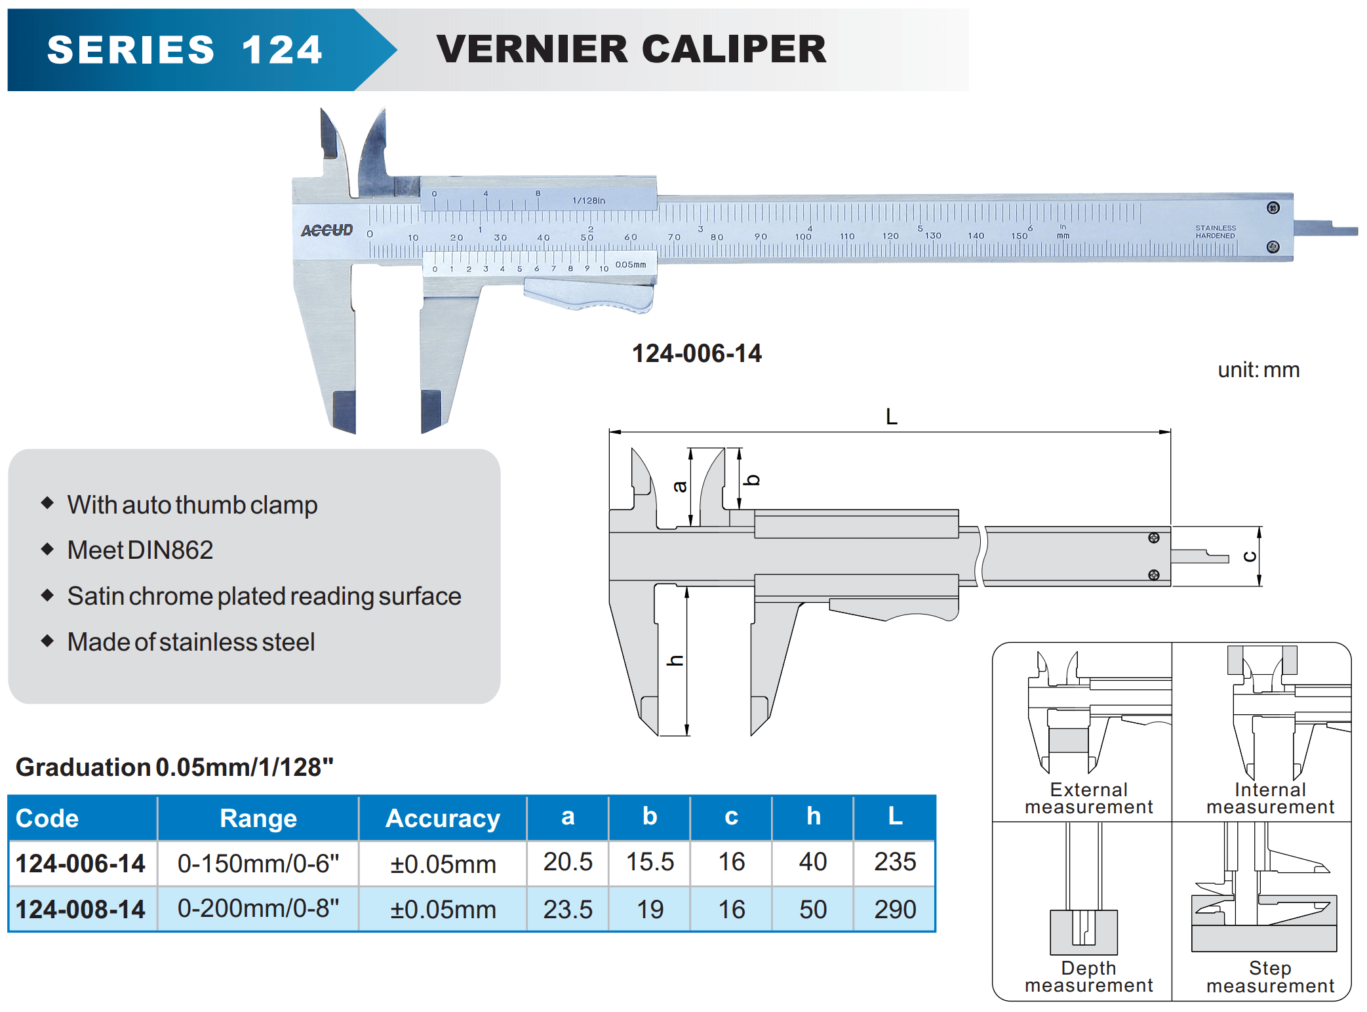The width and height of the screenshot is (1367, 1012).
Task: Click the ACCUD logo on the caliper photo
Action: point(327,230)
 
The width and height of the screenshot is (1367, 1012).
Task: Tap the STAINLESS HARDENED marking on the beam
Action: point(1215,232)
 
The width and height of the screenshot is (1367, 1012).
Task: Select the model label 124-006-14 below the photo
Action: point(696,354)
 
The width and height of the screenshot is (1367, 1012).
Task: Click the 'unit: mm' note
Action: point(1258,370)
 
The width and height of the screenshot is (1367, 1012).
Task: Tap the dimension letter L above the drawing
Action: point(891,416)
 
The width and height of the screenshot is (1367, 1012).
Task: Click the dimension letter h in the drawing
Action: point(675,660)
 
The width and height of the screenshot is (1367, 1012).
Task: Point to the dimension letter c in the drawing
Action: point(1250,557)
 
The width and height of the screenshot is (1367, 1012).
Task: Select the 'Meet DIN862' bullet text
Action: point(140,550)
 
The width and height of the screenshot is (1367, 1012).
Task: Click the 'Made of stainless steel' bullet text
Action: point(191,642)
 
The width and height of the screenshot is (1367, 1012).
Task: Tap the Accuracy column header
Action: point(443,818)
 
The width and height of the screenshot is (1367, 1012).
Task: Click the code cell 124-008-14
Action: point(81,909)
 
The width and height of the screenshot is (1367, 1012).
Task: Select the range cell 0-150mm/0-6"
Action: point(258,863)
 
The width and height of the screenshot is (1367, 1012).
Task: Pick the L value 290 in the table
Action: point(895,909)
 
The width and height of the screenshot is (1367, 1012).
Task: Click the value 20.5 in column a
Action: point(568,862)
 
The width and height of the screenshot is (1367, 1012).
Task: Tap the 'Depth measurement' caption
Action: point(1088,977)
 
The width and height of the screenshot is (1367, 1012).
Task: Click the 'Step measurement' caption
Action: point(1270,977)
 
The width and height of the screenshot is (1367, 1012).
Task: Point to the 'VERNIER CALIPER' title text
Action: point(631,49)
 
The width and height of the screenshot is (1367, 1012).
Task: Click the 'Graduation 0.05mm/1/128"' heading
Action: point(174,767)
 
